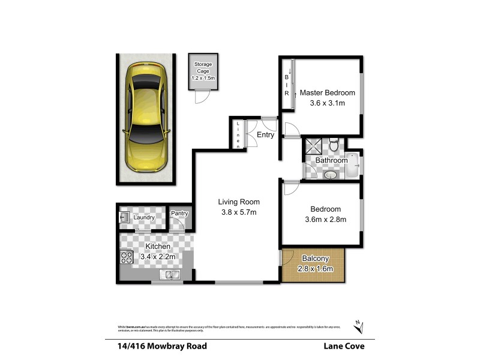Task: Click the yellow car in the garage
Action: [146, 119]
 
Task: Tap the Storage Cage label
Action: [202, 67]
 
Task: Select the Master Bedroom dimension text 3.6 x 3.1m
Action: [327, 103]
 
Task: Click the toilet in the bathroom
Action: [334, 143]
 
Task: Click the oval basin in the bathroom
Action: [330, 175]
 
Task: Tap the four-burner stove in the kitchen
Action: [127, 257]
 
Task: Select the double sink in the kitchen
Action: [170, 275]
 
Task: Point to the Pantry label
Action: [180, 214]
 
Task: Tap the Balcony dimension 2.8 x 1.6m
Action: [314, 269]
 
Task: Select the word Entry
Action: [265, 135]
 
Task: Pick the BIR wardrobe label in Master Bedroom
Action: [286, 86]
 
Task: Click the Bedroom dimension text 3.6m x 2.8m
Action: [325, 220]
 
